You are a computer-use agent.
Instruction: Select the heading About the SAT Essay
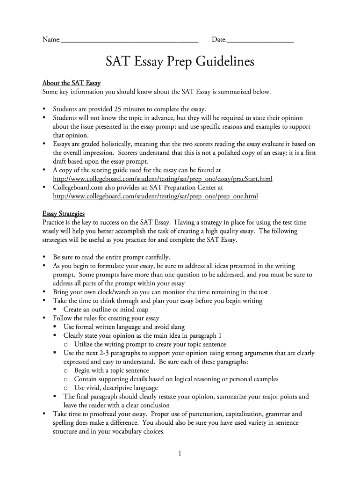pyautogui.click(x=72, y=83)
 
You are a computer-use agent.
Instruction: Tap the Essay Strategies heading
pyautogui.click(x=64, y=214)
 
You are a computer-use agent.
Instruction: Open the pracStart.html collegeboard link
pyautogui.click(x=163, y=179)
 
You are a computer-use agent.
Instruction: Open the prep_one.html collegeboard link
pyautogui.click(x=155, y=196)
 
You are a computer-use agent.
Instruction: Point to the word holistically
pyautogui.click(x=117, y=144)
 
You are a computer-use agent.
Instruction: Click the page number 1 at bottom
pyautogui.click(x=180, y=453)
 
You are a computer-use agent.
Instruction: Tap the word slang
pyautogui.click(x=176, y=327)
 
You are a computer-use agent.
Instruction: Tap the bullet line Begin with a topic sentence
pyautogui.click(x=111, y=370)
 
